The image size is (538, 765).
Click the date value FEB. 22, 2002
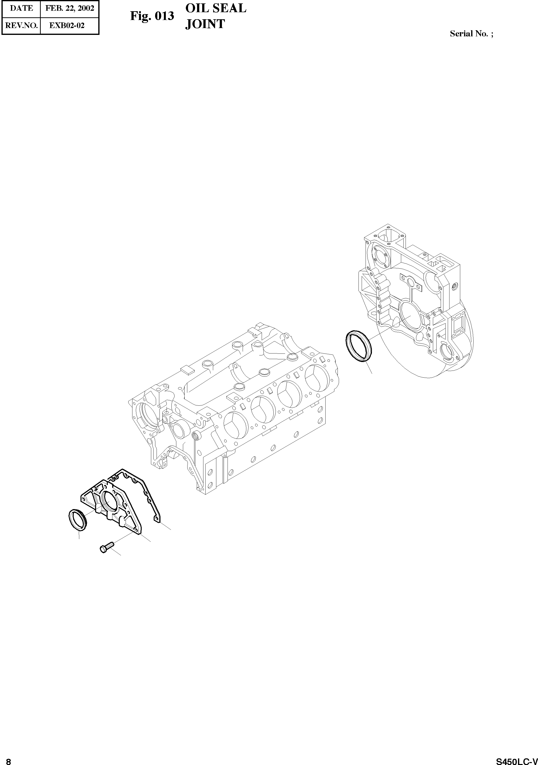pyautogui.click(x=70, y=8)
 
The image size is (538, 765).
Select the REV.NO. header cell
pyautogui.click(x=21, y=25)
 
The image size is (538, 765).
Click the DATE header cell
pyautogui.click(x=21, y=8)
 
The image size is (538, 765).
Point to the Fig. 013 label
pyautogui.click(x=152, y=16)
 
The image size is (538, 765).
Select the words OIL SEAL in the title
pyautogui.click(x=216, y=8)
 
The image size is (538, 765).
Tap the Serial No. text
pyautogui.click(x=471, y=34)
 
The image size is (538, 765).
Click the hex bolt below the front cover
pyautogui.click(x=107, y=547)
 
